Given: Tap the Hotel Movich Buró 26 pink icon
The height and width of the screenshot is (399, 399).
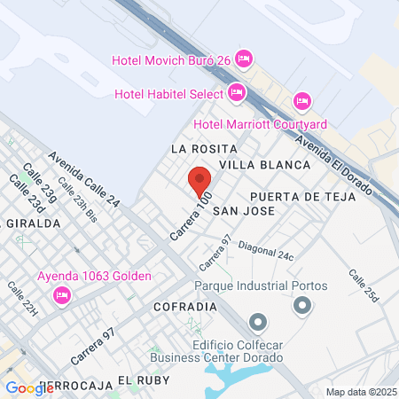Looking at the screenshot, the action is pos(245,59).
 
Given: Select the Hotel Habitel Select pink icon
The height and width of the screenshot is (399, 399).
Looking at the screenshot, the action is pos(236,92).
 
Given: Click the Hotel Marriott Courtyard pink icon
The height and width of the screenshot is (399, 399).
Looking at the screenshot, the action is pos(302,101).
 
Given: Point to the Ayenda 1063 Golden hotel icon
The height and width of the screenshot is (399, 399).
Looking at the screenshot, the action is pos(62,294).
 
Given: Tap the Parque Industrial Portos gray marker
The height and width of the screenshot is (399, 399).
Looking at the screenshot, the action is pos(302,306).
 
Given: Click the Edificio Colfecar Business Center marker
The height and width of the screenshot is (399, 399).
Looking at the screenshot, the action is pos(258,321).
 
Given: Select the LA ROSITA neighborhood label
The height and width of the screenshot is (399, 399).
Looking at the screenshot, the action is pos(204,148).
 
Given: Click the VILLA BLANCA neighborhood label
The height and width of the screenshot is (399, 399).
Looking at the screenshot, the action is pos(265,165).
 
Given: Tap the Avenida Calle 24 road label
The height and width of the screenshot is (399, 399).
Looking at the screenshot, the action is pos(84,179).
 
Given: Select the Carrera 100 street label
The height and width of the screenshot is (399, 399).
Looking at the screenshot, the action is pos(191,215).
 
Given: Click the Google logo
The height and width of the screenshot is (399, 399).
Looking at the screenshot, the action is pos(29,387).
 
